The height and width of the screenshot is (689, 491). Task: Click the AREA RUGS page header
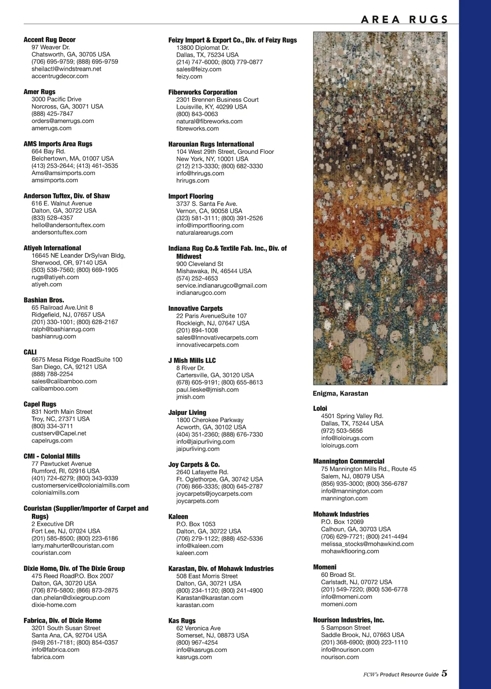pyautogui.click(x=404, y=19)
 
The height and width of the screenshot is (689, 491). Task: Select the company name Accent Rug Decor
pyautogui.click(x=50, y=40)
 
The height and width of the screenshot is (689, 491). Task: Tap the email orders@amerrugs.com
pyautogui.click(x=63, y=121)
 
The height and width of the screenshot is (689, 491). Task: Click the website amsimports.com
pyautogui.click(x=55, y=180)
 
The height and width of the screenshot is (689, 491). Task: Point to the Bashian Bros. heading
pyautogui.click(x=44, y=300)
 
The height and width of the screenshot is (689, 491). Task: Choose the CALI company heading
pyautogui.click(x=30, y=352)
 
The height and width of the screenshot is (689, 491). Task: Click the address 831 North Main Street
pyautogui.click(x=62, y=412)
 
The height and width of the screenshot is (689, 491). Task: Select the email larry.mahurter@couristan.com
pyautogui.click(x=72, y=545)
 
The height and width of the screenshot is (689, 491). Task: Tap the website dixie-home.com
pyautogui.click(x=54, y=605)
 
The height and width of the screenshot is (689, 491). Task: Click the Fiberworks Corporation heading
pyautogui.click(x=203, y=92)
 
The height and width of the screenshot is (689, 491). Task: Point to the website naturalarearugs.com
pyautogui.click(x=205, y=232)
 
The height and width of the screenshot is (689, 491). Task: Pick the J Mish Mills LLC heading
pyautogui.click(x=192, y=360)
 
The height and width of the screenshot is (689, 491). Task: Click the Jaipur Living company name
pyautogui.click(x=187, y=412)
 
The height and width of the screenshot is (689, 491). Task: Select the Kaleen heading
pyautogui.click(x=178, y=517)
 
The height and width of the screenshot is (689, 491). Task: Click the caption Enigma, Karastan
pyautogui.click(x=340, y=394)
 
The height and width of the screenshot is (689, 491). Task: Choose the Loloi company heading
pyautogui.click(x=320, y=408)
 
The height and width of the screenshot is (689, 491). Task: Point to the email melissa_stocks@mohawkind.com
pyautogui.click(x=367, y=544)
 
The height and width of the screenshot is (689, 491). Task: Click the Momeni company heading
pyautogui.click(x=324, y=567)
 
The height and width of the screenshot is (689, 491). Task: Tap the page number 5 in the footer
pyautogui.click(x=444, y=673)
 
